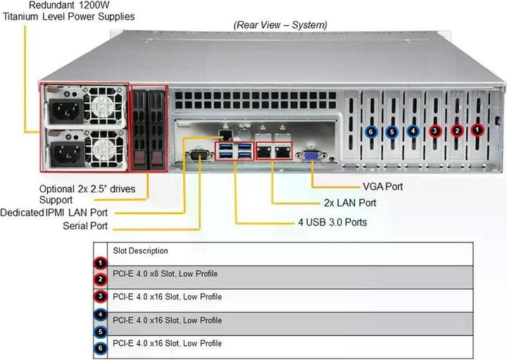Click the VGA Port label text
[x=383, y=187]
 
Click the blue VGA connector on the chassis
[x=310, y=156]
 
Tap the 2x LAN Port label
[x=350, y=203]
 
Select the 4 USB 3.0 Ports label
[x=332, y=223]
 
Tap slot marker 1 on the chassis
[x=477, y=130]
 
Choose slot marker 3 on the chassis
[x=435, y=130]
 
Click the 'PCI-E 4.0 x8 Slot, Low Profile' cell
[x=165, y=273]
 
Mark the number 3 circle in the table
[x=101, y=297]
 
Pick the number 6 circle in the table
[x=101, y=347]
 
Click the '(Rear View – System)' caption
[x=280, y=25]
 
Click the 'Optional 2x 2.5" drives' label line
[x=92, y=190]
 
